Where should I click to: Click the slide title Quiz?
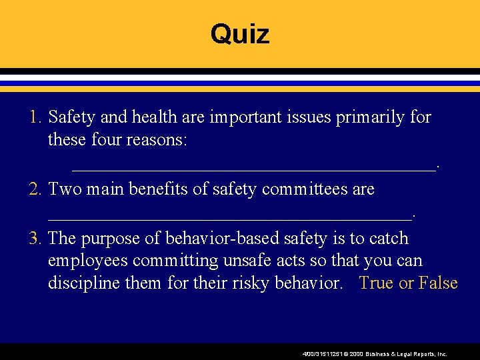pyautogui.click(x=240, y=33)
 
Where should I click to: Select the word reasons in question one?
pyautogui.click(x=159, y=141)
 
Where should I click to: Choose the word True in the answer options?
pyautogui.click(x=376, y=283)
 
